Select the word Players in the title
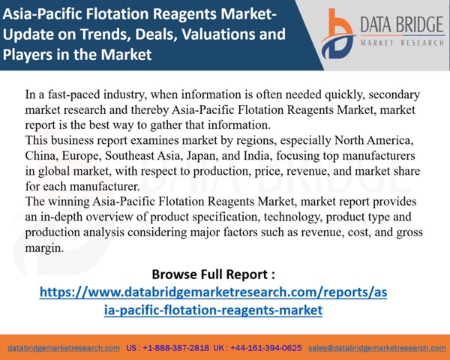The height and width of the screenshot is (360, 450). [28, 55]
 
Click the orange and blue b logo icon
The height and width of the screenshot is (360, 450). [338, 34]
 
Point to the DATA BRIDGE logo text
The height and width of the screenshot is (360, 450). [402, 25]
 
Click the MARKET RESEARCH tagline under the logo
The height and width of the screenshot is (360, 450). [402, 43]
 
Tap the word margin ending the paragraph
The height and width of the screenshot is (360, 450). [44, 247]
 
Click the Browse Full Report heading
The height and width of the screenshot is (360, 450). [213, 274]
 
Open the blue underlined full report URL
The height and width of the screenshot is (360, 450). [213, 301]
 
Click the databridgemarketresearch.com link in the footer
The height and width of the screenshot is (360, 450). [64, 348]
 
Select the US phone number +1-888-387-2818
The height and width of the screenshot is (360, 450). [176, 348]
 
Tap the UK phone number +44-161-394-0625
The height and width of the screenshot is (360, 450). [266, 348]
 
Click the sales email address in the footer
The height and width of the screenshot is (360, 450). [376, 348]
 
